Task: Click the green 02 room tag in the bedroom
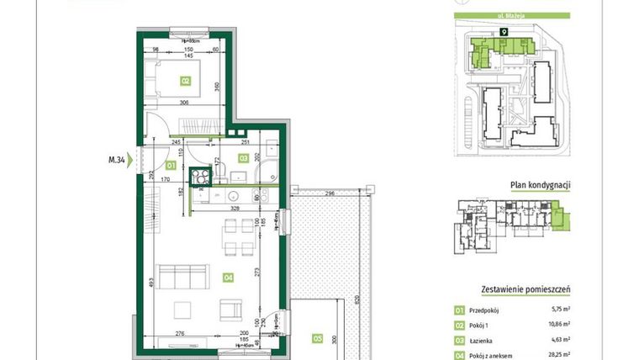(x=185, y=82)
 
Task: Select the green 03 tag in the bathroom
(x=243, y=157)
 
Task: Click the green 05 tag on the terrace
(x=317, y=340)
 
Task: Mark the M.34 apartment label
(x=118, y=157)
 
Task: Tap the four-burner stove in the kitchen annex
(x=201, y=177)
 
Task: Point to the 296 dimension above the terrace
(x=330, y=194)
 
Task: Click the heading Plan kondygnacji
(x=541, y=186)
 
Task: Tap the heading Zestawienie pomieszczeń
(x=525, y=289)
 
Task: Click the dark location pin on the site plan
(x=504, y=32)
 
